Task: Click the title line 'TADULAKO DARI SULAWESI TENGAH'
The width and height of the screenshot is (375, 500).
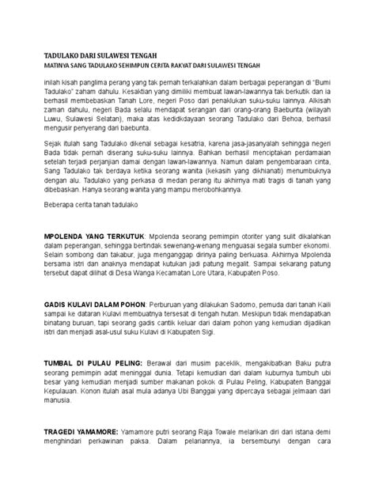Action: [x=100, y=57]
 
